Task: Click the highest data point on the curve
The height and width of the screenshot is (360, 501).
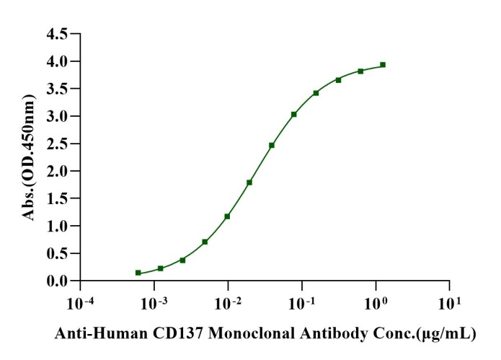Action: pos(383,65)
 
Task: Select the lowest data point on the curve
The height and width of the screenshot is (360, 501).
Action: pos(138,273)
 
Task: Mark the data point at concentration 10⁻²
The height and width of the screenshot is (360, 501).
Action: pos(227,216)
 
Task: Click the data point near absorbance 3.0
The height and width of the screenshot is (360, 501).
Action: pos(294,114)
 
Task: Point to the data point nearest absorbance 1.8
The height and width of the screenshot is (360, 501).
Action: pos(249,183)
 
